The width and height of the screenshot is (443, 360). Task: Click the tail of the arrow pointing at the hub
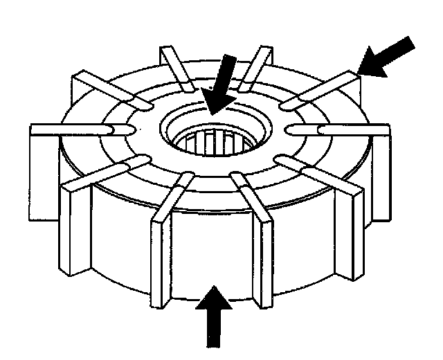pos(231,64)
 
